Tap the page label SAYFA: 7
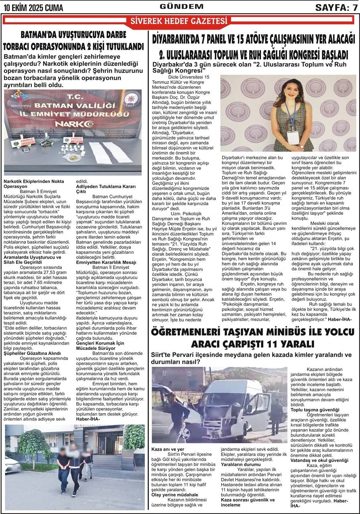click(336, 7)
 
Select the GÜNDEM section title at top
click(181, 6)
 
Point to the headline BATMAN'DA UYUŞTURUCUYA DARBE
click(73, 35)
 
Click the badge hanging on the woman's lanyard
click(293, 137)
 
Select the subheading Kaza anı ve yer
click(168, 449)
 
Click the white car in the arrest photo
click(12, 465)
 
